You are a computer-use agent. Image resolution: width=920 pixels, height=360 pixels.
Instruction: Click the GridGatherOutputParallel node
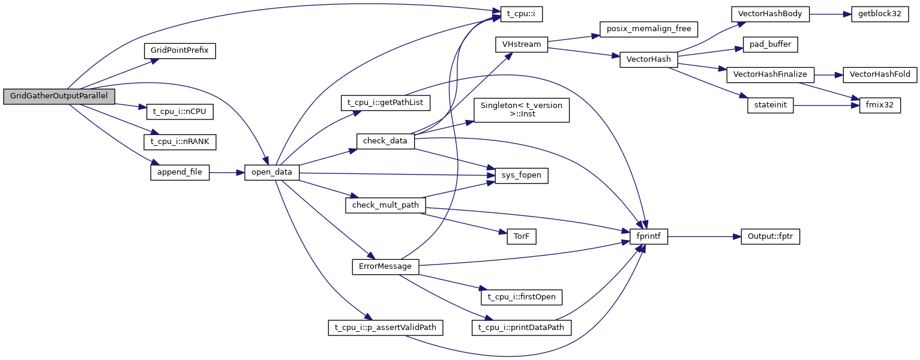[59, 96]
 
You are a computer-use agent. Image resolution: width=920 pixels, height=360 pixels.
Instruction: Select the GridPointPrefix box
[179, 50]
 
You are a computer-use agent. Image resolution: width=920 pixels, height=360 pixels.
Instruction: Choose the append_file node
[179, 172]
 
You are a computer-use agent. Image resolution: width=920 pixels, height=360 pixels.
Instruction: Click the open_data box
[272, 172]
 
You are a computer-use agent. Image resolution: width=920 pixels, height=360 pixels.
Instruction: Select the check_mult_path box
[385, 205]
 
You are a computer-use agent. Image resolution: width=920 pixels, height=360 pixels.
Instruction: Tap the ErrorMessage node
[385, 266]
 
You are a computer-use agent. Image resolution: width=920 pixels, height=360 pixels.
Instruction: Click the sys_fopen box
[521, 175]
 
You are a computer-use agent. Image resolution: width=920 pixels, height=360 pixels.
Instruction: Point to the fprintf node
[649, 236]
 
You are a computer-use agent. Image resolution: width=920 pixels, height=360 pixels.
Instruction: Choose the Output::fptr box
[771, 236]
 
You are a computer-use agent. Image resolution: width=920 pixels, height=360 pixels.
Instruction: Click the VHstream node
[521, 44]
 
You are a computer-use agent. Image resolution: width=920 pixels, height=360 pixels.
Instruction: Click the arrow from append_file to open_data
[226, 172]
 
